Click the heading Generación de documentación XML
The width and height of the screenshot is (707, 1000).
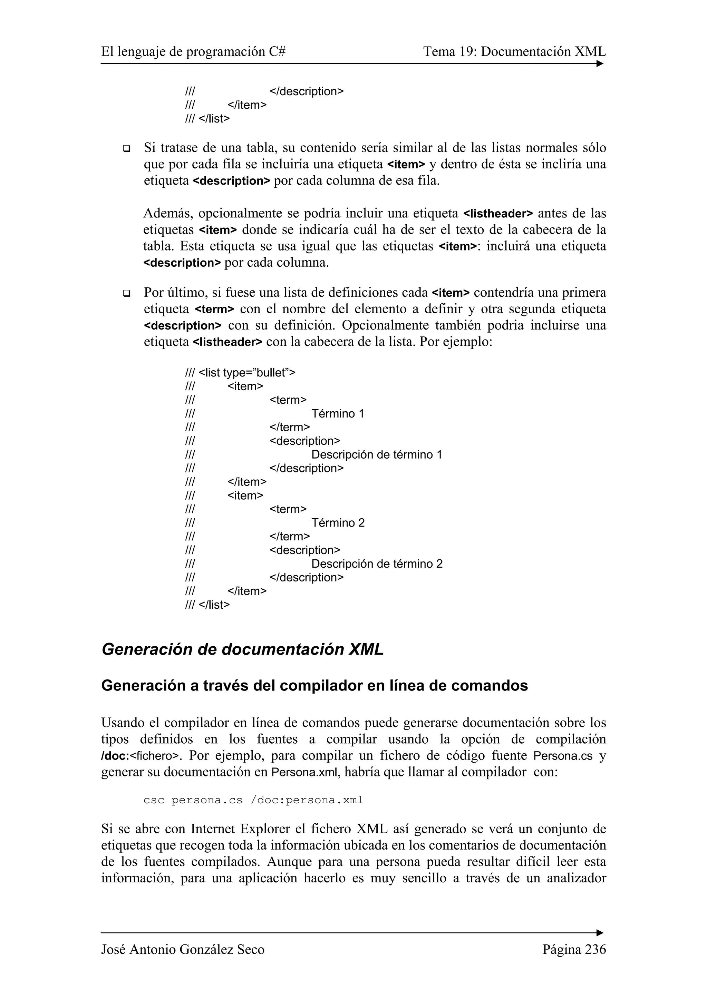click(243, 649)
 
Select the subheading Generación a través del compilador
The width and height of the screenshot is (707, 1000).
click(314, 686)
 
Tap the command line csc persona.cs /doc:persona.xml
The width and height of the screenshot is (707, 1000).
click(253, 800)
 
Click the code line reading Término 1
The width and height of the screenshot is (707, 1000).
click(338, 413)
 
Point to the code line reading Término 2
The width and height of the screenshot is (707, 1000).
click(338, 523)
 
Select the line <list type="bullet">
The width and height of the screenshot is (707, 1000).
click(241, 372)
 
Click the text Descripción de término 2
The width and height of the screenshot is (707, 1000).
click(377, 563)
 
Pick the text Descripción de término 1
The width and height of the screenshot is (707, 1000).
click(377, 454)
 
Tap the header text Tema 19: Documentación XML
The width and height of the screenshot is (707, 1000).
click(514, 52)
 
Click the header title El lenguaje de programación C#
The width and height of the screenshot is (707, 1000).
click(193, 52)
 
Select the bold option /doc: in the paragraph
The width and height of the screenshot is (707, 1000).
click(115, 756)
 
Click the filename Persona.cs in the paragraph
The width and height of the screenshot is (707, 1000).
click(563, 756)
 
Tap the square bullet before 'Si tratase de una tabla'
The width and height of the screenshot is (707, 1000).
click(127, 148)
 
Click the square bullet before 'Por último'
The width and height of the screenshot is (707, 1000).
click(127, 293)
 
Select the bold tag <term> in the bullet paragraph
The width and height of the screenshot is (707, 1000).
click(214, 310)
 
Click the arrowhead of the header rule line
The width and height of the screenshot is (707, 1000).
click(600, 63)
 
